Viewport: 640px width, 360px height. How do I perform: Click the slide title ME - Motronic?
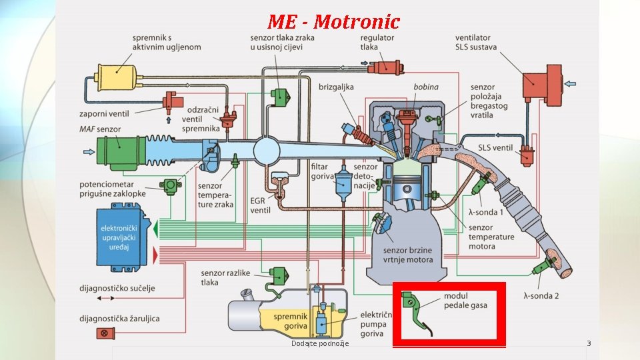pos(333,21)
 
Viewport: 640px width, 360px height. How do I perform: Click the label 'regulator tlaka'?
pos(378,43)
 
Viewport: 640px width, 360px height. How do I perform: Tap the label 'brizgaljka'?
pos(336,87)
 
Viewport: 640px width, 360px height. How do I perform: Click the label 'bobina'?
pos(425,87)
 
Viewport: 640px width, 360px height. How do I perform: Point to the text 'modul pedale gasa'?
pos(465,301)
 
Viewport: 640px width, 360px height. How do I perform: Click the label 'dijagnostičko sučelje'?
pos(117,288)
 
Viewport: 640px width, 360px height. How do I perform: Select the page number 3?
pos(589,343)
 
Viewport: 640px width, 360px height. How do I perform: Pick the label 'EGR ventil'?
pos(260,205)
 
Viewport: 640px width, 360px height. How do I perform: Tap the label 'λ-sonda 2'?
pos(541,295)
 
